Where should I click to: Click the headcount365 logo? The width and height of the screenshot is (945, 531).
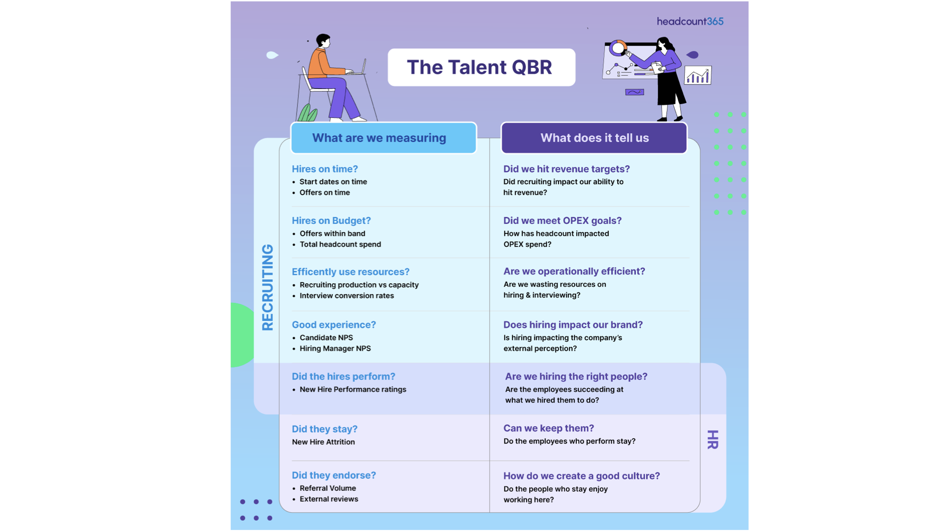690,21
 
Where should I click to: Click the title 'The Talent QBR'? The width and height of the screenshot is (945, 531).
479,67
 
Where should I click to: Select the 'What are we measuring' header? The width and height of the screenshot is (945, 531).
379,138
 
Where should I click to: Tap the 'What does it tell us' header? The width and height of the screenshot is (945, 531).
594,138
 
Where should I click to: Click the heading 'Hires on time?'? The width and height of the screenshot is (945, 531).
325,169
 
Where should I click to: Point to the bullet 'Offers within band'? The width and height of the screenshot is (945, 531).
332,234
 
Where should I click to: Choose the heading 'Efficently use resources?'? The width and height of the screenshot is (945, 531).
350,272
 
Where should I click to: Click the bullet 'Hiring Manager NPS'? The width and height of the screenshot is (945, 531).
335,349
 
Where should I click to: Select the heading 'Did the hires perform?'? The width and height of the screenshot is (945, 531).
343,377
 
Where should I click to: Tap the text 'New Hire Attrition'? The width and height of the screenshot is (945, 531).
323,442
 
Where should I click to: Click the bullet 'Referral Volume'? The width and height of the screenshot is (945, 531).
327,488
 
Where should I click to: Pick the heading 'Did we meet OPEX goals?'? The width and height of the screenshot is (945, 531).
562,221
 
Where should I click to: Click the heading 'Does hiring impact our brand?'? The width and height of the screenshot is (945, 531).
573,325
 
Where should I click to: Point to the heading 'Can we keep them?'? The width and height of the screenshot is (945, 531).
548,428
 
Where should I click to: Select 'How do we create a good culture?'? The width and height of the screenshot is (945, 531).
581,476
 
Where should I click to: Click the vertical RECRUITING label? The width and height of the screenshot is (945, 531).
267,287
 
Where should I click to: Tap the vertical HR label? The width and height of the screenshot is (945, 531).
712,440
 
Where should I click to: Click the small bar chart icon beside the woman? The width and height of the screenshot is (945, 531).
697,76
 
